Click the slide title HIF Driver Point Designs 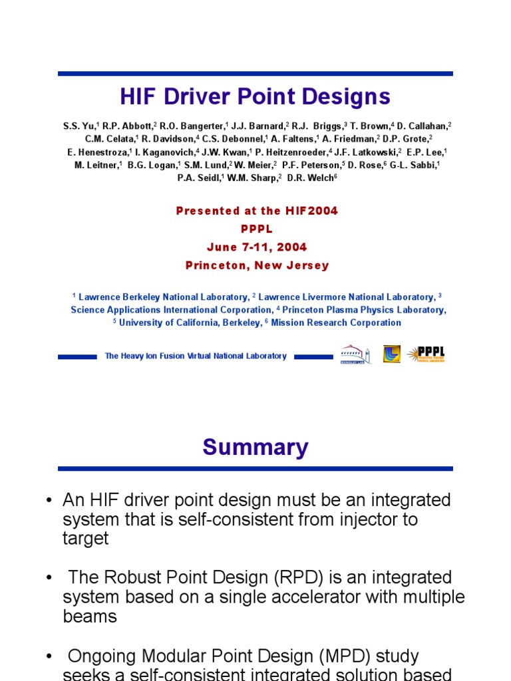tap(255, 97)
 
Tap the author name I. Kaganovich tap(163, 152)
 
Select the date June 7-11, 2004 tap(256, 247)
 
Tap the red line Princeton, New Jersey tap(257, 265)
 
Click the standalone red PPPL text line tap(256, 229)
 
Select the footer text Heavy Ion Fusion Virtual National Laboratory tap(196, 356)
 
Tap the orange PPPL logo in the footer tap(426, 354)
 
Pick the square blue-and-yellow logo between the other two tap(391, 354)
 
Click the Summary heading tap(255, 448)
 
